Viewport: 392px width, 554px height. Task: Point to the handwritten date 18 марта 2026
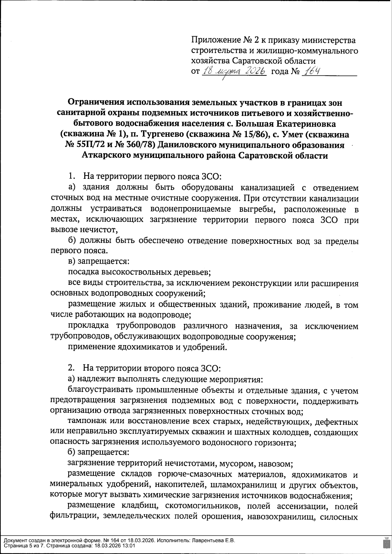[x=233, y=71]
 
